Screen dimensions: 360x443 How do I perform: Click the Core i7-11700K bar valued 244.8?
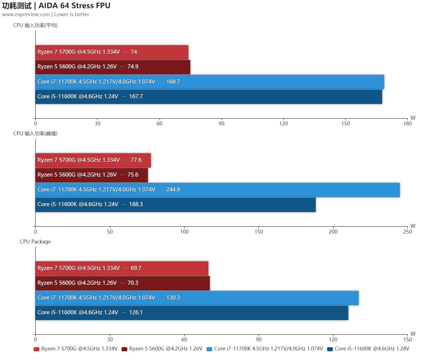(217, 190)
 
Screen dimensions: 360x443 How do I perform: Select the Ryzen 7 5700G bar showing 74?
(112, 52)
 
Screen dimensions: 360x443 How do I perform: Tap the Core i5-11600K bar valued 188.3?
(176, 205)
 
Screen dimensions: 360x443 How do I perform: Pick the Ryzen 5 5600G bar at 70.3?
(123, 283)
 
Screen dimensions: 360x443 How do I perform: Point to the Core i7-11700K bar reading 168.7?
(210, 82)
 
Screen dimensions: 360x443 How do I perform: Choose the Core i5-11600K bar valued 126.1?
(192, 313)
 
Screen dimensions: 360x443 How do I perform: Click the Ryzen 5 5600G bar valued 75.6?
(92, 175)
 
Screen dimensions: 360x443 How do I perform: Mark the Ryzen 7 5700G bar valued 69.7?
(122, 268)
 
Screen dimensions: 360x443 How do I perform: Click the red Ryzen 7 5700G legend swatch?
(36, 349)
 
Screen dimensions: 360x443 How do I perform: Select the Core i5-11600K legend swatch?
(330, 349)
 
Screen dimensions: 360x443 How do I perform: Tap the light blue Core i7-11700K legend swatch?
(209, 349)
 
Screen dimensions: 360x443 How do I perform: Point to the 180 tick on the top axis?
(407, 123)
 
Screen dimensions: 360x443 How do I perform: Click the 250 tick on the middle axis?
(407, 232)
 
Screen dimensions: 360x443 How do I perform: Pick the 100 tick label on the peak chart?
(184, 232)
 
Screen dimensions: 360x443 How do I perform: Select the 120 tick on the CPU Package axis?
(333, 339)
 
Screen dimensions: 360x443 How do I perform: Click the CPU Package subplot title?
(35, 242)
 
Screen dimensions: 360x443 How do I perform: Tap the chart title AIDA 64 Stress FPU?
(74, 5)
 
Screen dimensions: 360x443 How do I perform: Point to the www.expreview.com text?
(26, 15)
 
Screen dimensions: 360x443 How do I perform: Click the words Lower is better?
(72, 15)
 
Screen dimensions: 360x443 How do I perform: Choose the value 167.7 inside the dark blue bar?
(136, 97)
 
